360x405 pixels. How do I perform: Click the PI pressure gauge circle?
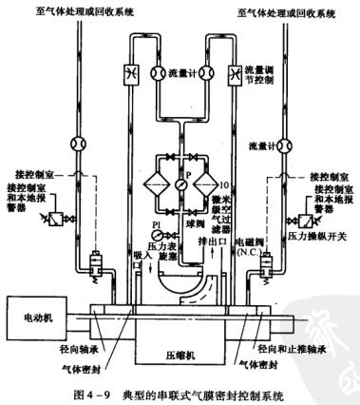pyautogui.click(x=140, y=235)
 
